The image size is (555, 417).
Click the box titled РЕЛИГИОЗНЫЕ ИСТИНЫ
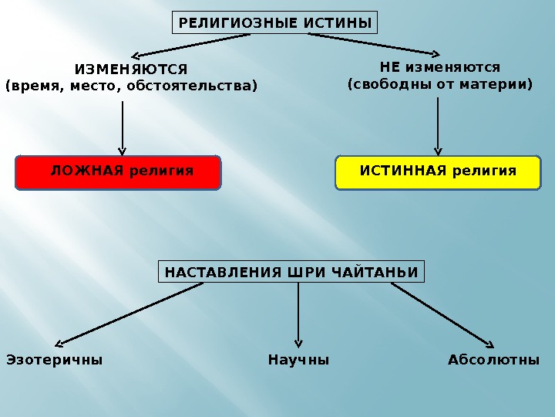pos(275,23)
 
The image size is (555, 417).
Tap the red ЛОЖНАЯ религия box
pos(118,172)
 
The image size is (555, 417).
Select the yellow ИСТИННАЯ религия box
pos(438,172)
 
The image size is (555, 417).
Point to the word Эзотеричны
pos(54,360)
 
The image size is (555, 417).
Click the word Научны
pos(298,360)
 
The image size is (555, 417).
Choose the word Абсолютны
pos(493,360)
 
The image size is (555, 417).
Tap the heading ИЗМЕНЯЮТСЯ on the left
pos(131,70)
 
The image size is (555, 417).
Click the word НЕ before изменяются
pos(390,67)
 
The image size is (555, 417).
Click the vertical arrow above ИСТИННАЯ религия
pos(438,125)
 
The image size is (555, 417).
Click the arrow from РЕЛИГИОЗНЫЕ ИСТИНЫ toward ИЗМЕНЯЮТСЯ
pos(189,46)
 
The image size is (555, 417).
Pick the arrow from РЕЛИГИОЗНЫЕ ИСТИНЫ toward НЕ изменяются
pos(370,46)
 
